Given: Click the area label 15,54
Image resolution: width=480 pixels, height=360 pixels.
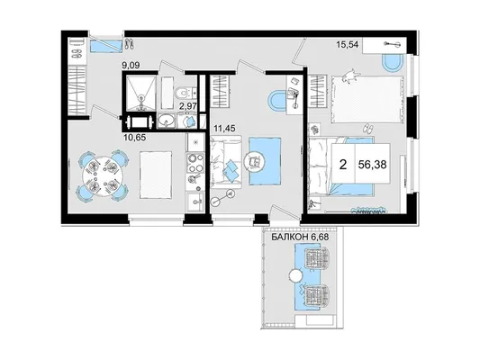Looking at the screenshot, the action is tap(348, 45).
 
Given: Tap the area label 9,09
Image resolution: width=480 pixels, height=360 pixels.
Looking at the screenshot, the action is tap(131, 65).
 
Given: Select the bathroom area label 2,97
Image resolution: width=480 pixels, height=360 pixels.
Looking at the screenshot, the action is tap(187, 106).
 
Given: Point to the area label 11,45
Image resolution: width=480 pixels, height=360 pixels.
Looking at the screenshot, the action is tap(224, 128).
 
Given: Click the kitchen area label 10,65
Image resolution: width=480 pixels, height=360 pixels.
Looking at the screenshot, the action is tap(134, 138).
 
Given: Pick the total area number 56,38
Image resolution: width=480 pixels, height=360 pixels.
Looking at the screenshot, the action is tap(372, 165).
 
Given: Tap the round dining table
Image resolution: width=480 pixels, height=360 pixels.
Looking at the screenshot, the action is tap(103, 175).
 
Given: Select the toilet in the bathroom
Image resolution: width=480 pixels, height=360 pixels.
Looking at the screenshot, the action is tap(182, 92).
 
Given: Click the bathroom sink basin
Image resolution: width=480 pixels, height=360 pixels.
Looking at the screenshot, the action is tap(167, 121).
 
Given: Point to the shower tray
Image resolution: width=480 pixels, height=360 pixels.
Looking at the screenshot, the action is tap(140, 93).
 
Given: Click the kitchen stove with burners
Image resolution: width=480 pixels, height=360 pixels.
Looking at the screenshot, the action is tap(195, 163).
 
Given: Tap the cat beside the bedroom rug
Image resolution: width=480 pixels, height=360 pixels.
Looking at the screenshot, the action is tap(350, 76).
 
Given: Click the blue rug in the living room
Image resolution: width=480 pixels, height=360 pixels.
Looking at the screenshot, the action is tap(265, 161).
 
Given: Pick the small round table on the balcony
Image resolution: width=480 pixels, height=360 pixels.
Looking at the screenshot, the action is tap(295, 276).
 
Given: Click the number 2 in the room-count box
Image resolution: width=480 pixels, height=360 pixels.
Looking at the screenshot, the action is tap(343, 165).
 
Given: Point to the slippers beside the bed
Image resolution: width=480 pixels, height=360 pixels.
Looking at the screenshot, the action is tap(367, 129).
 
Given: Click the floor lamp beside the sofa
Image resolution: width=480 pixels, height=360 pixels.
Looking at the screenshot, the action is tap(223, 197).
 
